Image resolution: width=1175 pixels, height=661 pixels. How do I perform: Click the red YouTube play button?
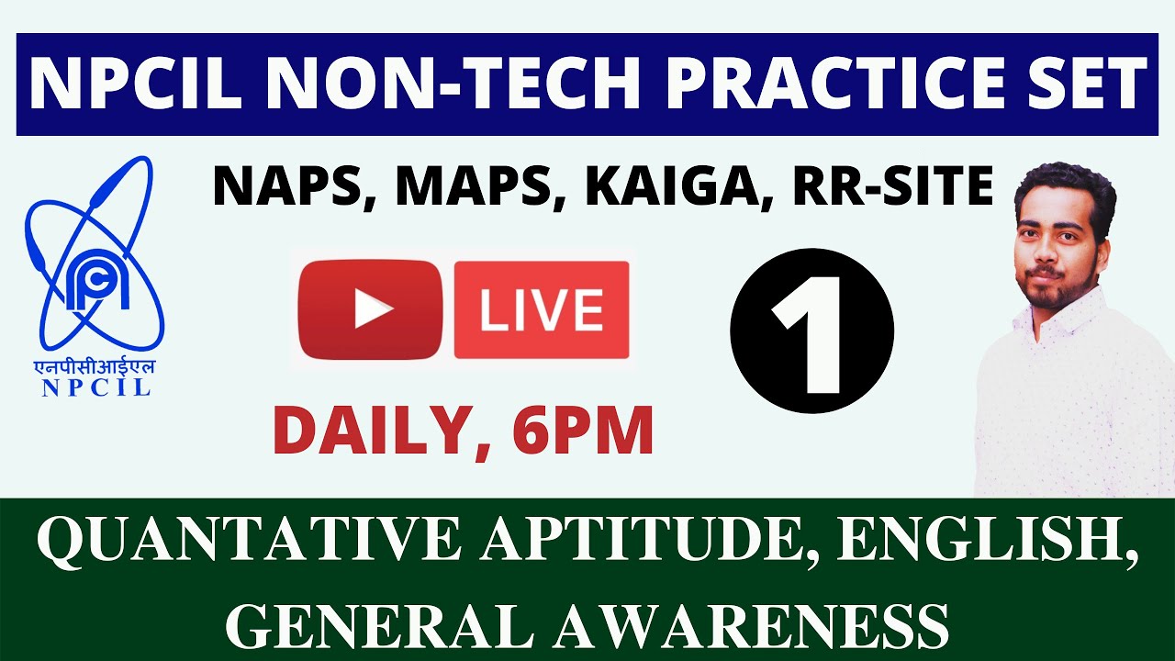coord(370,310)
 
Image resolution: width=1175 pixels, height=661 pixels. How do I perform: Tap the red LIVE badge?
coord(542,310)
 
